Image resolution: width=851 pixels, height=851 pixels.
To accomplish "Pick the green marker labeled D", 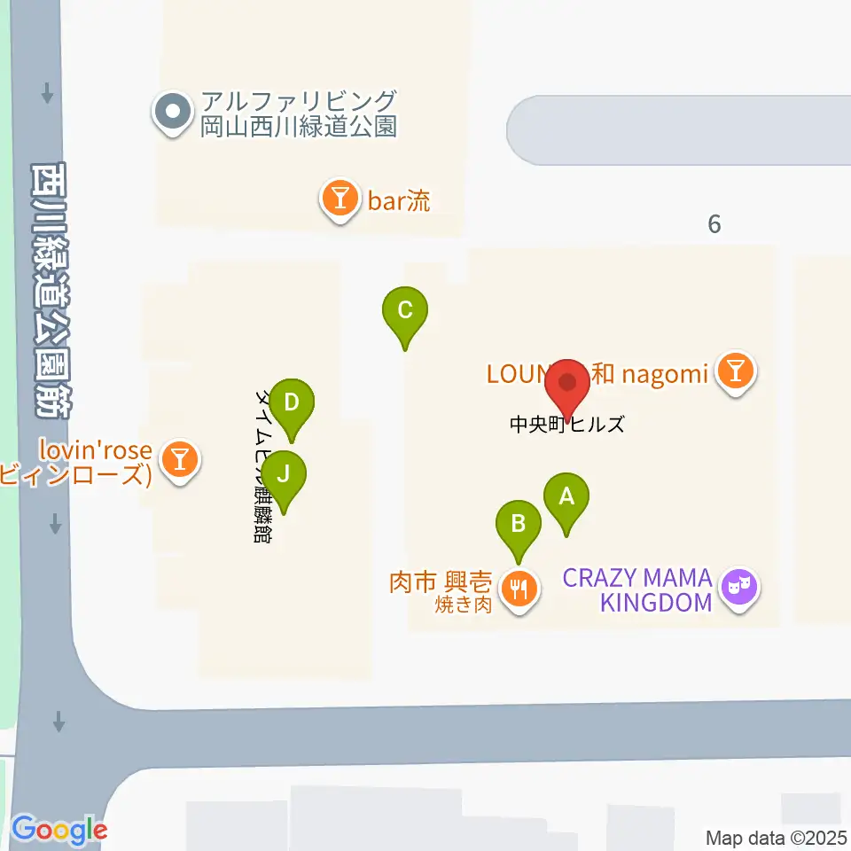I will (292, 407).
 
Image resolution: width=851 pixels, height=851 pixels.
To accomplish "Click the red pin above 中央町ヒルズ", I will (567, 386).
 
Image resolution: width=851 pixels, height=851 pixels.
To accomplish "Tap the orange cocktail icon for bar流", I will (340, 199).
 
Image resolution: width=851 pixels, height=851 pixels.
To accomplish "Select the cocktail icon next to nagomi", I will (735, 373).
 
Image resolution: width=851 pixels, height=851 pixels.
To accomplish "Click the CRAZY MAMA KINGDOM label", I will (638, 590).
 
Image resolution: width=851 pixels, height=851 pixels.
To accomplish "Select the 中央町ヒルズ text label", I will (567, 425).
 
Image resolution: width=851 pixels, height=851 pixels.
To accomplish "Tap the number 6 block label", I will (714, 224).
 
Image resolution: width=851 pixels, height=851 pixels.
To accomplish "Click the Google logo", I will (59, 831).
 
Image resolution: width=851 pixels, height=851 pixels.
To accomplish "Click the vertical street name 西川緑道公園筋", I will (51, 288).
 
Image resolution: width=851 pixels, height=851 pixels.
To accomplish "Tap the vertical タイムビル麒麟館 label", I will (263, 465).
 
